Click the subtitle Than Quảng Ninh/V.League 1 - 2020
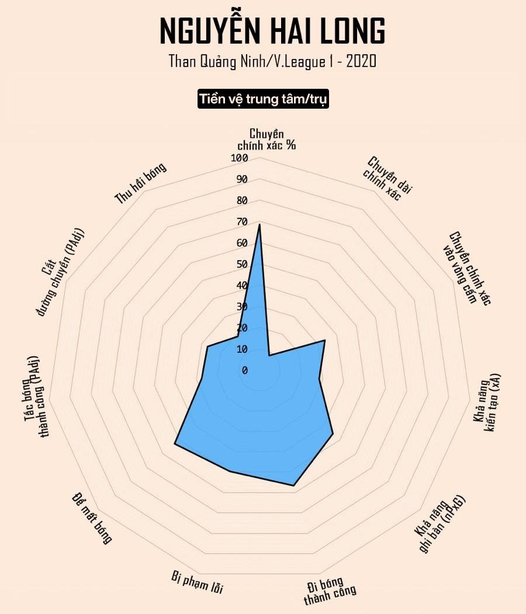click(x=272, y=61)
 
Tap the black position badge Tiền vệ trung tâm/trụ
click(x=264, y=99)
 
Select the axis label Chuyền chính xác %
click(x=267, y=139)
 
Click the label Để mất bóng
click(x=92, y=518)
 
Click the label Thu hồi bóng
click(x=140, y=183)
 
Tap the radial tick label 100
click(x=239, y=158)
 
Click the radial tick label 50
click(x=242, y=264)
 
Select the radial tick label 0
click(x=245, y=370)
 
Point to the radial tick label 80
click(x=242, y=200)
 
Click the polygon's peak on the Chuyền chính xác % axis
click(x=259, y=224)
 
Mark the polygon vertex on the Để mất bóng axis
click(x=175, y=445)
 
